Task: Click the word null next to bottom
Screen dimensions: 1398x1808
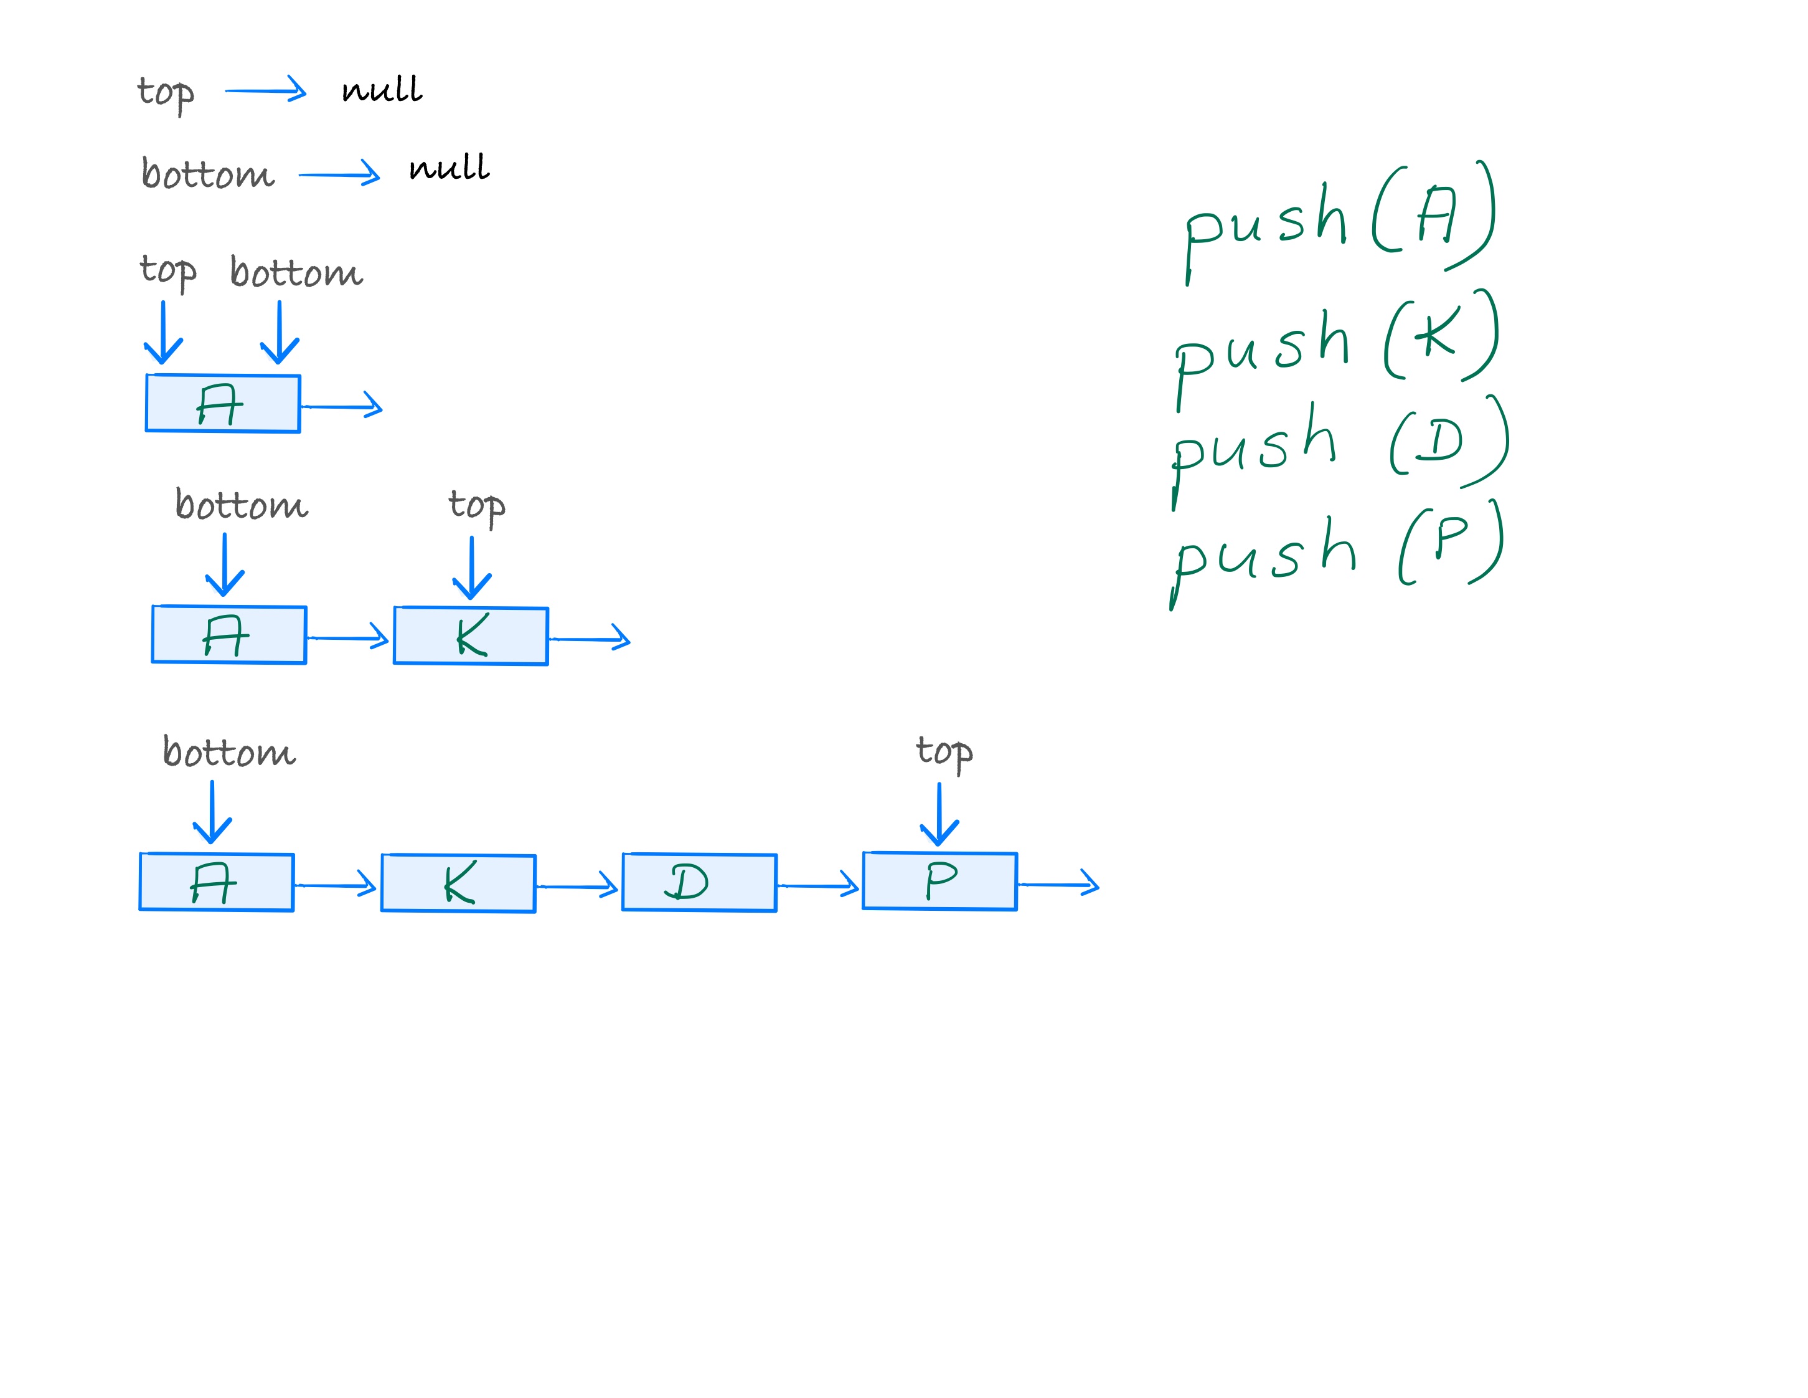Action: click(x=449, y=168)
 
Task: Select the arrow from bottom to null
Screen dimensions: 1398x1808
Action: click(x=339, y=174)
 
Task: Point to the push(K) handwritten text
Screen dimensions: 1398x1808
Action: click(x=1336, y=348)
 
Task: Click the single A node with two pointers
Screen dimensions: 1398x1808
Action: click(x=223, y=403)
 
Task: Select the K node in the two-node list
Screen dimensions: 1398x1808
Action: click(x=470, y=636)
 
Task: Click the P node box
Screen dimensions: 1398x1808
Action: click(x=939, y=881)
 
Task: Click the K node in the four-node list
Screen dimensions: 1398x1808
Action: click(x=458, y=883)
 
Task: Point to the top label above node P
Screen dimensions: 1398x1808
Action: click(x=944, y=753)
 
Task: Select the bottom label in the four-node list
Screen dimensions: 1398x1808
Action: click(x=228, y=752)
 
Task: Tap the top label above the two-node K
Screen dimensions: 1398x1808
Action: click(x=476, y=505)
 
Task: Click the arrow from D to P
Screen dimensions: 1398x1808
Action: click(x=819, y=885)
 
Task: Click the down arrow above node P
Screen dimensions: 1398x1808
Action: click(x=939, y=816)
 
